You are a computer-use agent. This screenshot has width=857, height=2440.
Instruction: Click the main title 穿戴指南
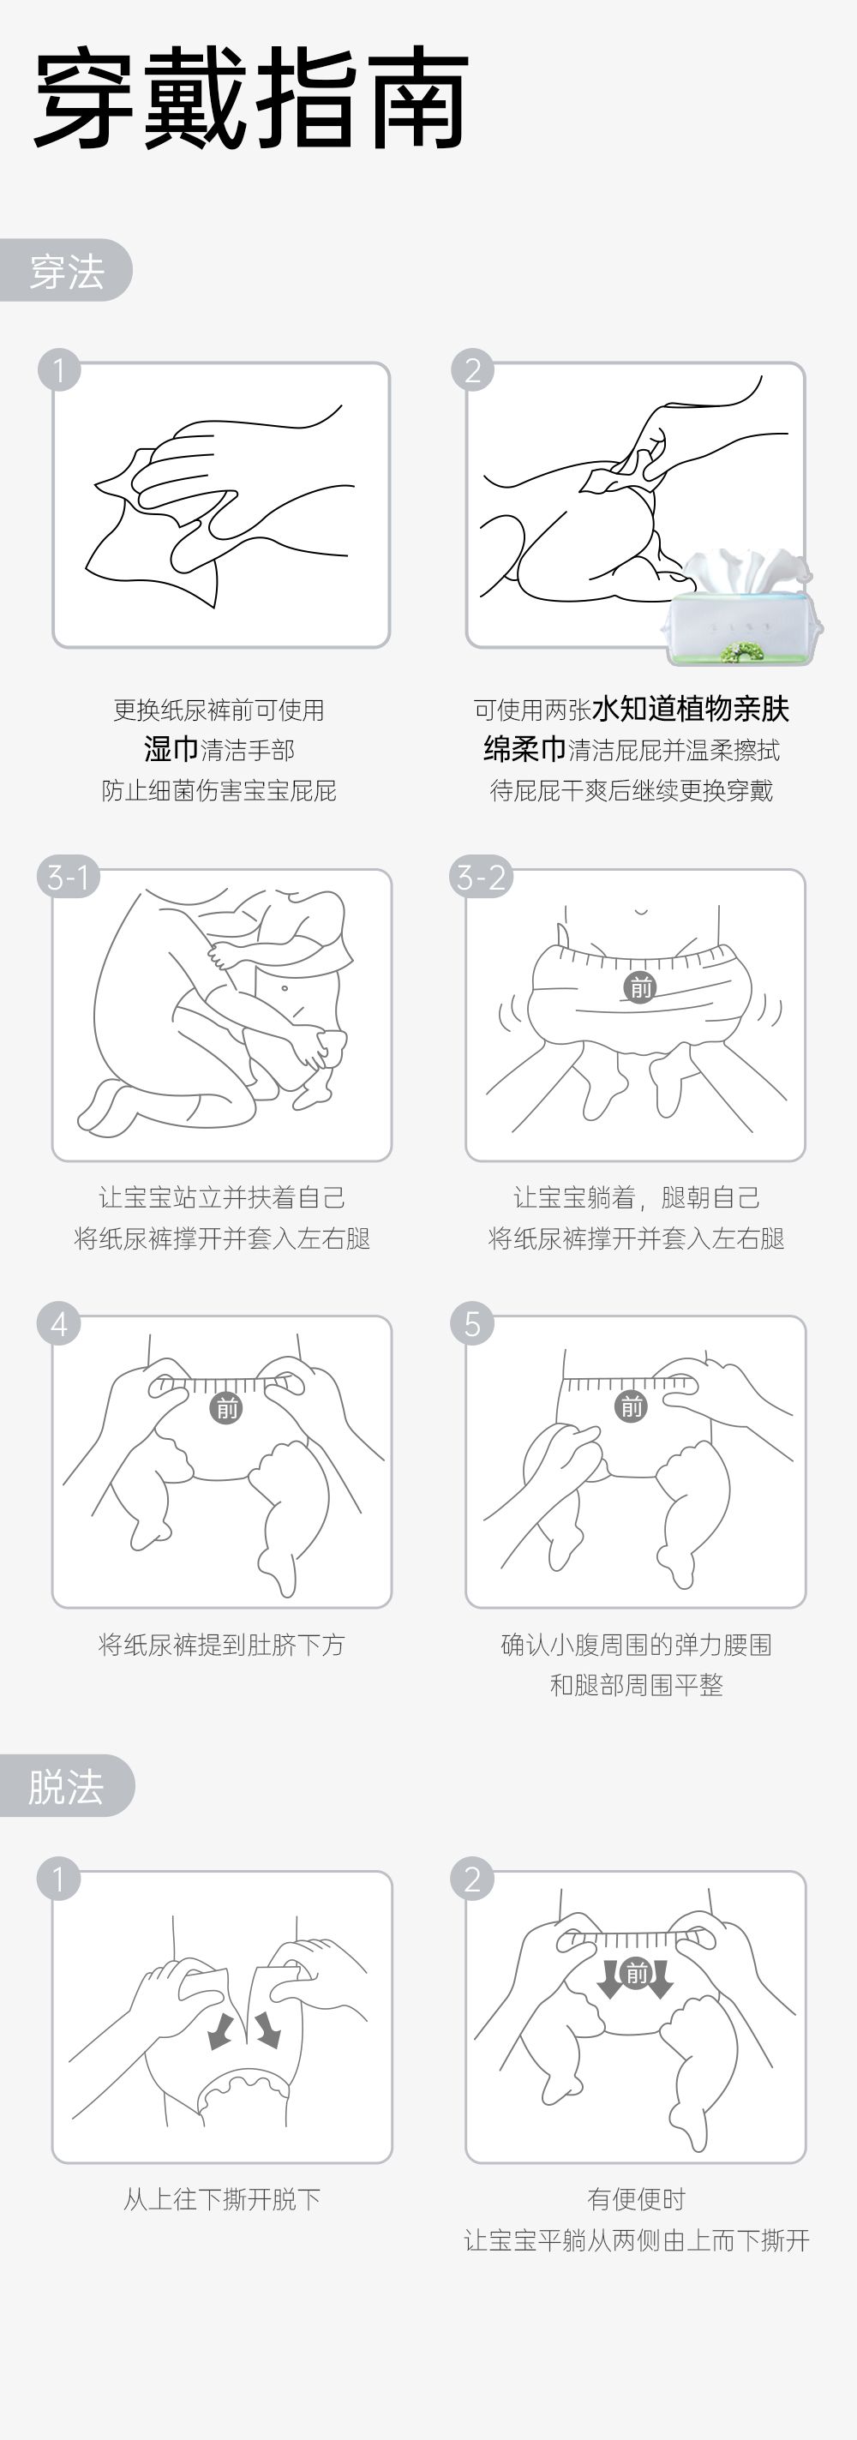click(251, 99)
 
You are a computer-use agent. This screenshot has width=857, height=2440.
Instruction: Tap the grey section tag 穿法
click(65, 271)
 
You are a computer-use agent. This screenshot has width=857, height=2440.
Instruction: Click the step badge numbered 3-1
click(69, 876)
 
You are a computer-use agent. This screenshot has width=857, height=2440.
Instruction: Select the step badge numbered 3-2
click(481, 876)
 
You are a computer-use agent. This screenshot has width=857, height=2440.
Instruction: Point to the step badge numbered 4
click(59, 1323)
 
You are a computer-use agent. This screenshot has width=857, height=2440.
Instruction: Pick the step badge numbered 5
click(471, 1323)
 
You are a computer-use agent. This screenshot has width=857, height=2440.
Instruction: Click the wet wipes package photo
click(741, 606)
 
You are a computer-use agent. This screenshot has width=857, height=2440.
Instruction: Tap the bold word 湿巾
click(171, 749)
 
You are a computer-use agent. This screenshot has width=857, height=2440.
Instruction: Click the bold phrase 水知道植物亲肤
click(691, 709)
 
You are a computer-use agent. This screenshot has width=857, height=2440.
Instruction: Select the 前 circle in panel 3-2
click(640, 988)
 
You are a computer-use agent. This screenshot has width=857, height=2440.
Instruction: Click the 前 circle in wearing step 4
click(226, 1408)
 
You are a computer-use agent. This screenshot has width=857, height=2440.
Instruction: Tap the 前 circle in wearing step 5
click(631, 1406)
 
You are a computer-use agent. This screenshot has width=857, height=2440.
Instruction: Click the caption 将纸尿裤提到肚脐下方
click(222, 1645)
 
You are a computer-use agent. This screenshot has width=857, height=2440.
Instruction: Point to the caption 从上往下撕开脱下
click(222, 2198)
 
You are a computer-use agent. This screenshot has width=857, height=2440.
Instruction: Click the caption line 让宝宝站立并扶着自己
click(222, 1197)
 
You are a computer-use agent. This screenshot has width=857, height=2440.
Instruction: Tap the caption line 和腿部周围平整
click(637, 1685)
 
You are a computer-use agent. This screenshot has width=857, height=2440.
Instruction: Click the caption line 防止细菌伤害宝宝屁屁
click(219, 790)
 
